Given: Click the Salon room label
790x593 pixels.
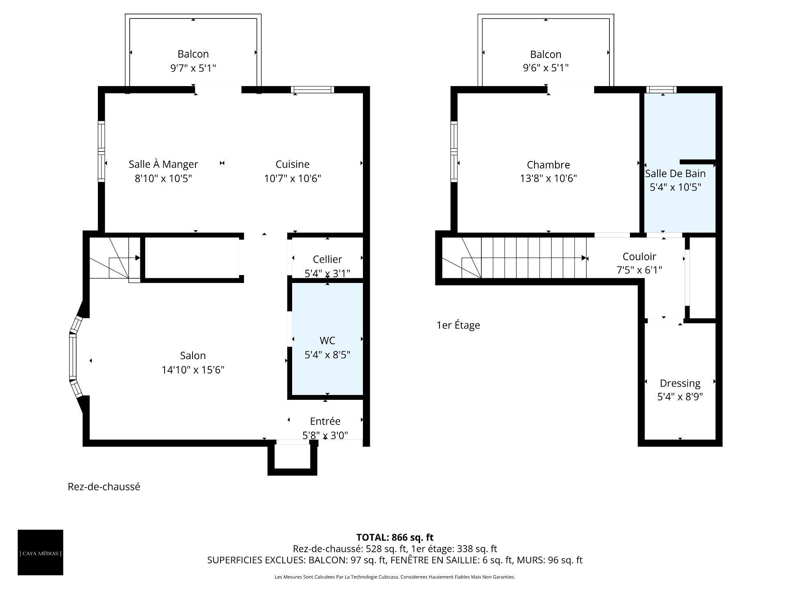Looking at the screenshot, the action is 193,355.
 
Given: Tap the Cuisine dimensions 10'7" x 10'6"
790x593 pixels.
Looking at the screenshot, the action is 293,178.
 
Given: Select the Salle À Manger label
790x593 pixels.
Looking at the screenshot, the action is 163,164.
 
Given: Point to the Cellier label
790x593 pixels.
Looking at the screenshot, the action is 328,259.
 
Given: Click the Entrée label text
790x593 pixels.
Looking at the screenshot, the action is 325,421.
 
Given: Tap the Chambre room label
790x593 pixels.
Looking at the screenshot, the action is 548,165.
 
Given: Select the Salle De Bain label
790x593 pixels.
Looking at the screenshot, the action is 675,173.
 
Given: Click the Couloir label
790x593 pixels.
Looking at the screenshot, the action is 639,257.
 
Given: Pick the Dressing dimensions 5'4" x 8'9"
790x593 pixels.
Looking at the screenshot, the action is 680,397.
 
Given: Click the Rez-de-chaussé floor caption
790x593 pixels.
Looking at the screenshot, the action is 104,487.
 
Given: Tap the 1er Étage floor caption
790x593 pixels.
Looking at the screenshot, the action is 458,325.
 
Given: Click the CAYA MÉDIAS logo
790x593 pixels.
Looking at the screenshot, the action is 40,552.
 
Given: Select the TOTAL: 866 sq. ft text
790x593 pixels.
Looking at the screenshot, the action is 395,537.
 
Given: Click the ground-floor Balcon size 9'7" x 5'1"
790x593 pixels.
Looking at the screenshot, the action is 193,68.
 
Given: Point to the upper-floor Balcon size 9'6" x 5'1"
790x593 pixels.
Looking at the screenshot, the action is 546,68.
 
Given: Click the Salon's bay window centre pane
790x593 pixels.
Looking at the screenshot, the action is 73,357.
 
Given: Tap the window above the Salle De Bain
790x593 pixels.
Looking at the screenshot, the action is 661,89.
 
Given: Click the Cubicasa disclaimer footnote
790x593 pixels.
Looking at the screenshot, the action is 395,577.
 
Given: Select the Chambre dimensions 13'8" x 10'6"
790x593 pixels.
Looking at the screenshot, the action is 548,178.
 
